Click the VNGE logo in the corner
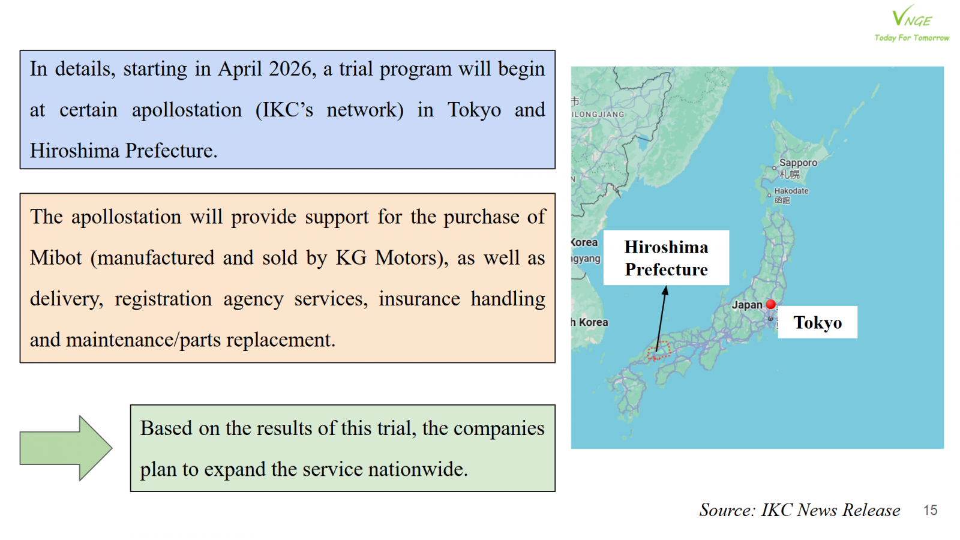click(x=911, y=23)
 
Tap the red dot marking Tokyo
click(x=771, y=304)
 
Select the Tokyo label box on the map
click(x=817, y=322)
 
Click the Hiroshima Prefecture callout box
click(x=666, y=257)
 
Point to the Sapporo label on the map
click(x=798, y=163)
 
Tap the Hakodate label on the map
click(x=791, y=191)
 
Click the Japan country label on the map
click(x=747, y=305)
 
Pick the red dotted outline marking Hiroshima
click(x=658, y=350)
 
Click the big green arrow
click(x=66, y=448)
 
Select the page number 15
click(x=930, y=510)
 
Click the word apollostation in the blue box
click(x=187, y=110)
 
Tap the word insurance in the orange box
click(x=419, y=298)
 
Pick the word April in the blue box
click(x=239, y=70)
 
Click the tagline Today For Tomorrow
click(x=911, y=37)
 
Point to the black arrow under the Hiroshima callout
click(x=662, y=319)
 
